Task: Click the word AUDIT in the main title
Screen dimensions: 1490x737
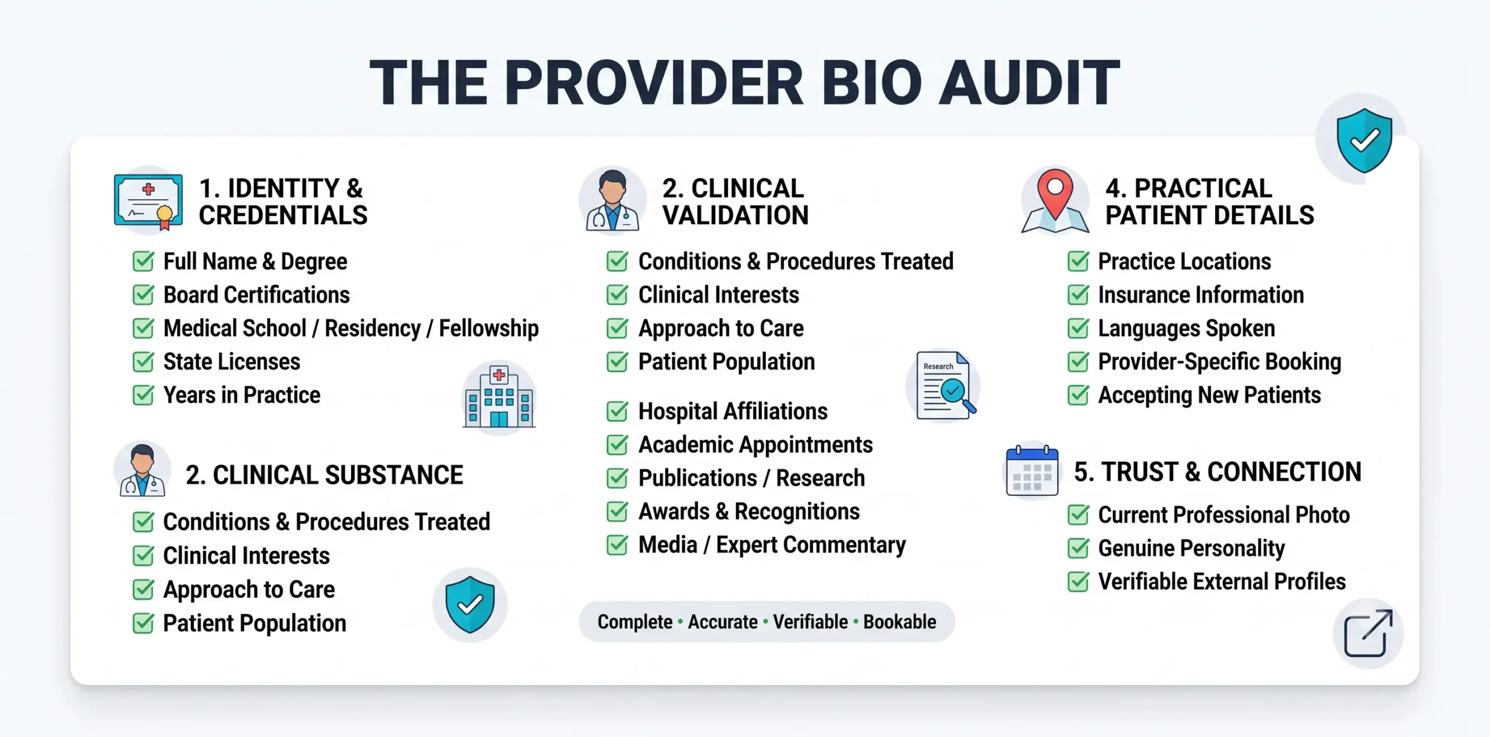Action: pos(1028,83)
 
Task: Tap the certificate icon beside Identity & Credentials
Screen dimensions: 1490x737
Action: pos(148,201)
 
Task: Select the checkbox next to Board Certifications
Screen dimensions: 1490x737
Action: pos(143,295)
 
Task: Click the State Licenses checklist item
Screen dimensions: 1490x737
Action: pos(232,362)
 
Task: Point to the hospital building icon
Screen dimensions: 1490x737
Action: pos(499,397)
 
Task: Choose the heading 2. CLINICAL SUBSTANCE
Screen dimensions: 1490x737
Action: pos(324,475)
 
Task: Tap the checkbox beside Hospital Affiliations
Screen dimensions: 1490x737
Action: pos(617,412)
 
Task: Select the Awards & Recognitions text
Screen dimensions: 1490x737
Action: pos(749,511)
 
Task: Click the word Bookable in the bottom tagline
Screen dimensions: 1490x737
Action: pos(900,622)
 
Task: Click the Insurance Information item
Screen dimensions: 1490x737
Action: pos(1201,295)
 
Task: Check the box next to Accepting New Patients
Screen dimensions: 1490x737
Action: pos(1079,395)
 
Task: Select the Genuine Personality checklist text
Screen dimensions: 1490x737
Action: pos(1191,548)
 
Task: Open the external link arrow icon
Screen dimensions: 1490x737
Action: pos(1368,633)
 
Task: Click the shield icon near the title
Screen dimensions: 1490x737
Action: pos(1364,140)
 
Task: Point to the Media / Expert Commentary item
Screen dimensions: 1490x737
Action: pos(772,545)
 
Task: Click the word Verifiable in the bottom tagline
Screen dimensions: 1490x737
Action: pos(810,622)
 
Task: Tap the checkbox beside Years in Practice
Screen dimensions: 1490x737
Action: pos(143,395)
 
